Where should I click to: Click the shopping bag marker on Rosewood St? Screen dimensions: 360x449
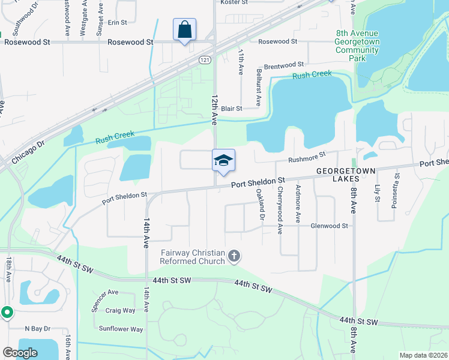pyautogui.click(x=184, y=29)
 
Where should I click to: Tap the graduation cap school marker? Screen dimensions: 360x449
pyautogui.click(x=223, y=161)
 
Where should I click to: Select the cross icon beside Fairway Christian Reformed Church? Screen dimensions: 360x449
pyautogui.click(x=234, y=257)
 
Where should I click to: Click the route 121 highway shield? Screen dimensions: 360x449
pyautogui.click(x=205, y=60)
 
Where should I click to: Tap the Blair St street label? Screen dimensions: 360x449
pyautogui.click(x=231, y=109)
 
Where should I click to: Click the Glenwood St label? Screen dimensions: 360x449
pyautogui.click(x=329, y=226)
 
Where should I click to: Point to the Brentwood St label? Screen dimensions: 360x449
pyautogui.click(x=284, y=64)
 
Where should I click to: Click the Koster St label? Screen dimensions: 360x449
pyautogui.click(x=235, y=3)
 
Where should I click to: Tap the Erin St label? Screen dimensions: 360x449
pyautogui.click(x=118, y=22)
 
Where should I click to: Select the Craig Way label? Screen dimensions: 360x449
pyautogui.click(x=121, y=310)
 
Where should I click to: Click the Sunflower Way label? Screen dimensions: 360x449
pyautogui.click(x=121, y=329)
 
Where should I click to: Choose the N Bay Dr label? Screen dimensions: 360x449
pyautogui.click(x=38, y=329)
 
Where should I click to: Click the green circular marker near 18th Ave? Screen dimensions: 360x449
pyautogui.click(x=7, y=312)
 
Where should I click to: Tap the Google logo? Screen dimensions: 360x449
pyautogui.click(x=20, y=353)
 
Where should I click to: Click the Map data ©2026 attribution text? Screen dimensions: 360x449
pyautogui.click(x=423, y=355)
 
